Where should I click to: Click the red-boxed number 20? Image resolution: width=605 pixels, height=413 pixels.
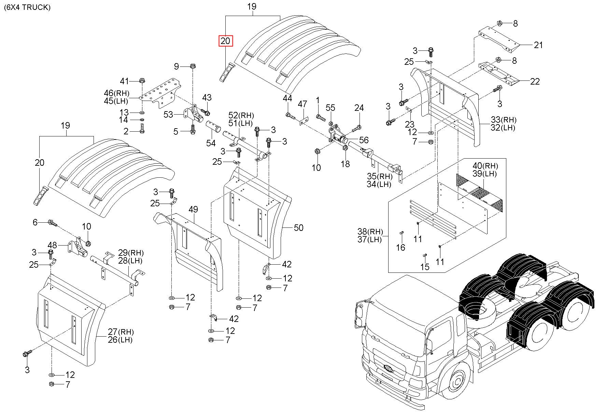[x=225, y=41]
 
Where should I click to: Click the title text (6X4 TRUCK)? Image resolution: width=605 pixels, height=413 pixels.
[x=27, y=8]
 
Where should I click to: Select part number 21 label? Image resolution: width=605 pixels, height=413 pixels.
[x=538, y=45]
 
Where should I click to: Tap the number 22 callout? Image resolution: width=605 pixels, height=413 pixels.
[x=535, y=81]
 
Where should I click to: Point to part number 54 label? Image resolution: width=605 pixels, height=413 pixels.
[x=211, y=143]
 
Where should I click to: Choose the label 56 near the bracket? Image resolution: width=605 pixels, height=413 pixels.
[x=364, y=140]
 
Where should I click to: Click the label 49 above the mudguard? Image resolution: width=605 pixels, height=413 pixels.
[x=193, y=209]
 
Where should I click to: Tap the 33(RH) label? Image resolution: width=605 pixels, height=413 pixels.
[x=504, y=120]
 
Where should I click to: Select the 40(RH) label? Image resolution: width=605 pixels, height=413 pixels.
[x=485, y=166]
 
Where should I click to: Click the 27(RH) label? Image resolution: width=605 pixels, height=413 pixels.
[x=121, y=331]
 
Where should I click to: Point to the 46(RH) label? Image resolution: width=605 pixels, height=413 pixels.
[x=116, y=93]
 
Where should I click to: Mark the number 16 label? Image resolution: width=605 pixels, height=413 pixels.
[x=400, y=247]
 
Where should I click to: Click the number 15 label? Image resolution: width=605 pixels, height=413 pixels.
[x=425, y=266]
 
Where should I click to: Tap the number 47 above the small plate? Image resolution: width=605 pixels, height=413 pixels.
[x=302, y=104]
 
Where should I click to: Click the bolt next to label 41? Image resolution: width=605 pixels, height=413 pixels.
[x=142, y=81]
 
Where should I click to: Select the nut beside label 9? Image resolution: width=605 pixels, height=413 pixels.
[x=192, y=66]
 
